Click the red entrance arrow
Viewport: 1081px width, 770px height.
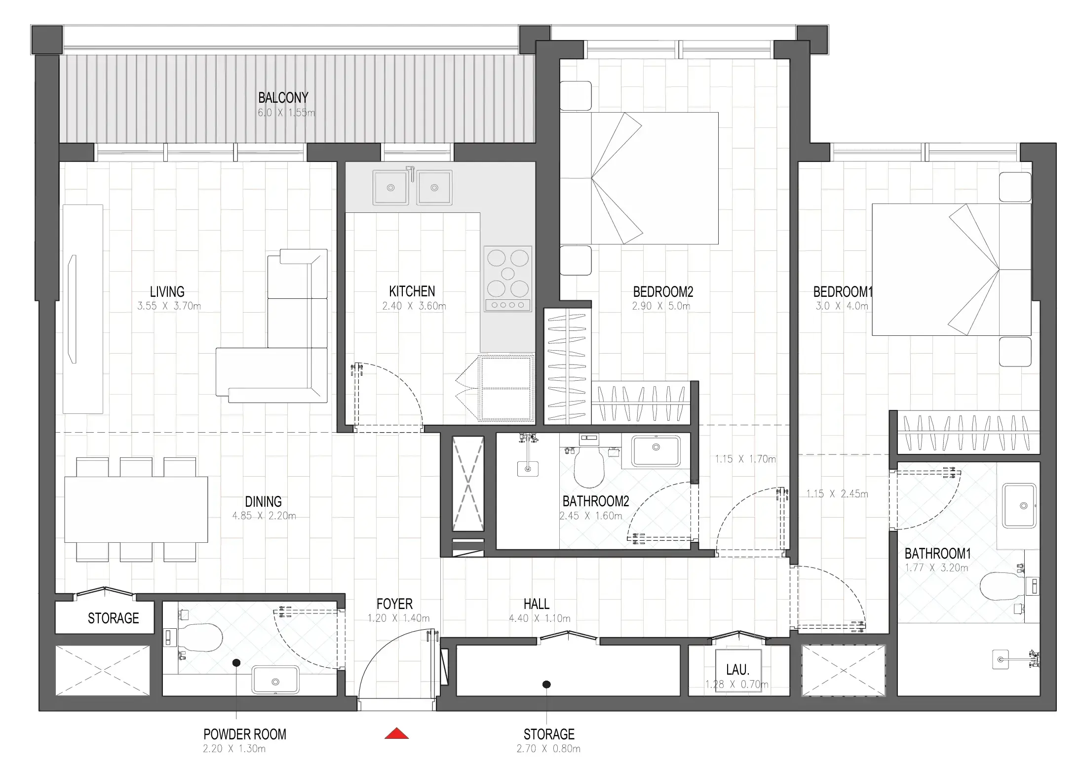coord(396,734)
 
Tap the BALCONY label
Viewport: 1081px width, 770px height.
coord(283,98)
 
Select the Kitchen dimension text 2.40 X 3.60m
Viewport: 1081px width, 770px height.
coord(414,306)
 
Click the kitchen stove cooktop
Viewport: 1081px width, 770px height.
coord(508,279)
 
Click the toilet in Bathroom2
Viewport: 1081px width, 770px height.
coord(589,467)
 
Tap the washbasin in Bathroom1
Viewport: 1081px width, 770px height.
coord(1019,506)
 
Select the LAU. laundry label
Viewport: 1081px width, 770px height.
coord(737,670)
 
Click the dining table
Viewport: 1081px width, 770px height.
coord(136,509)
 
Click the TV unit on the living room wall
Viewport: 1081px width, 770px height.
coord(82,309)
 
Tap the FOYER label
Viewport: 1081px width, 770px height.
coord(394,604)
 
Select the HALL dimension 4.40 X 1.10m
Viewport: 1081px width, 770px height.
coord(540,618)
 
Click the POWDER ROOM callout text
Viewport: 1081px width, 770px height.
coord(244,734)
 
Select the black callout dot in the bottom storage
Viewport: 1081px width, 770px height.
coord(546,685)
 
